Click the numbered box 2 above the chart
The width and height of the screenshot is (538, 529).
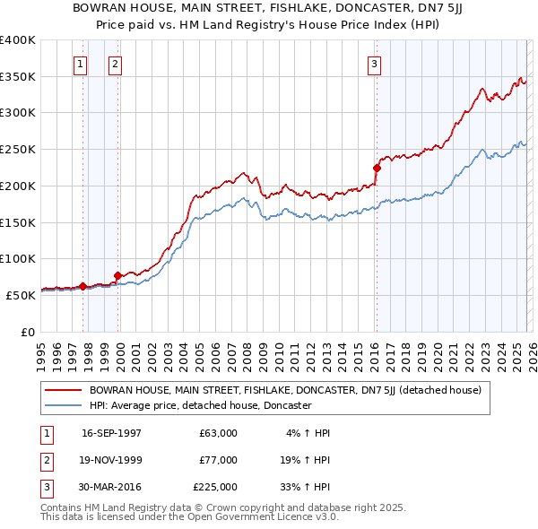point(116,64)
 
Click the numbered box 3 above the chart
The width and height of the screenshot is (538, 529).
point(374,64)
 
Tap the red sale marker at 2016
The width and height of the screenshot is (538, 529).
point(377,167)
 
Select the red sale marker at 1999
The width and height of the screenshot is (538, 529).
point(117,275)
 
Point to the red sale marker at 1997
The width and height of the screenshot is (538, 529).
point(83,286)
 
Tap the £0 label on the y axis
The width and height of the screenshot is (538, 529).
point(28,332)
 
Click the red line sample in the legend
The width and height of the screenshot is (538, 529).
point(64,390)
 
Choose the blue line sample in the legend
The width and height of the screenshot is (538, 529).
point(64,405)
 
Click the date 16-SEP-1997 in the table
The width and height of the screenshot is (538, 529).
point(111,433)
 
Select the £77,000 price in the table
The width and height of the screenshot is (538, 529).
point(218,460)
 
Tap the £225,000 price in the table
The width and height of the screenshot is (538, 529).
point(215,487)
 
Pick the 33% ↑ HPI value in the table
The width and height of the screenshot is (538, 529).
point(304,487)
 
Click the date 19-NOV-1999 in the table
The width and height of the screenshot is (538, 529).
point(111,460)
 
